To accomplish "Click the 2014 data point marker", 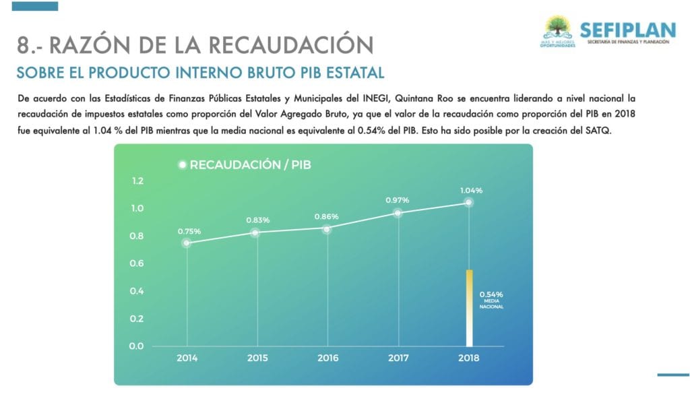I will click(187, 243).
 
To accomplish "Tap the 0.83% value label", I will click(257, 220).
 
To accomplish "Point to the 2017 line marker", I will click(398, 213).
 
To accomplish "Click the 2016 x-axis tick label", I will click(327, 358).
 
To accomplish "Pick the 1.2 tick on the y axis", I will click(138, 181).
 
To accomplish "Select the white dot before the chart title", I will click(181, 164).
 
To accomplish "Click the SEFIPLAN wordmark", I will click(627, 30).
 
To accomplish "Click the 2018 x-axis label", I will click(468, 358).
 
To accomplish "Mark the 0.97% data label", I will click(398, 200).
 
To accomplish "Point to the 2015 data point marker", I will click(256, 233).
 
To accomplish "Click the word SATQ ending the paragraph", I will click(598, 130).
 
